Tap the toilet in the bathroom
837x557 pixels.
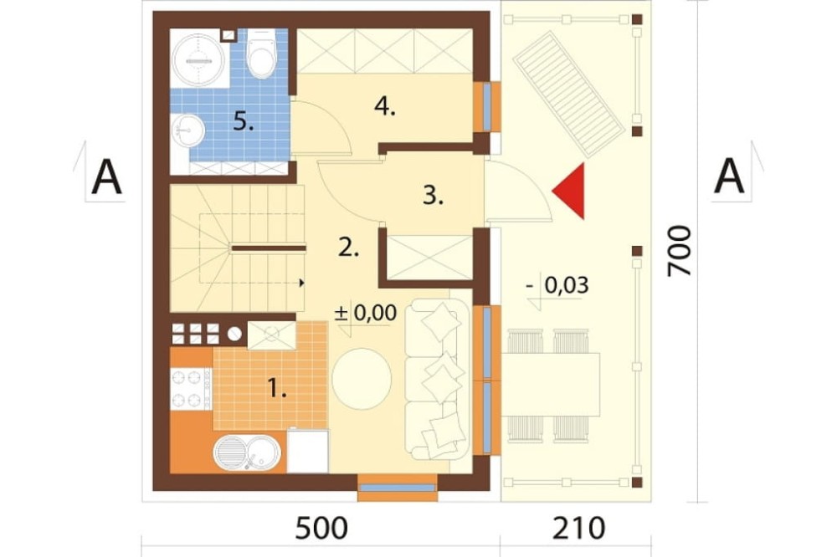point(261,54)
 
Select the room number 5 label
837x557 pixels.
point(244,123)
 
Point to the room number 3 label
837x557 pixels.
point(433,197)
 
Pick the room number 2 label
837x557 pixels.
point(349,248)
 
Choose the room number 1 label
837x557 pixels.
point(277,390)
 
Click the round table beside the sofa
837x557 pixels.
point(362,379)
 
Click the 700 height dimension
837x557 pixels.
point(680,251)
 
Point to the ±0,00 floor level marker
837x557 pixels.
point(366,313)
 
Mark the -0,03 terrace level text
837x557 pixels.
point(557,285)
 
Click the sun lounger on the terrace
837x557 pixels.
point(568,95)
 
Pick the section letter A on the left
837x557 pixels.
point(107,178)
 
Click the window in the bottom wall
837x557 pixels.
point(397,488)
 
